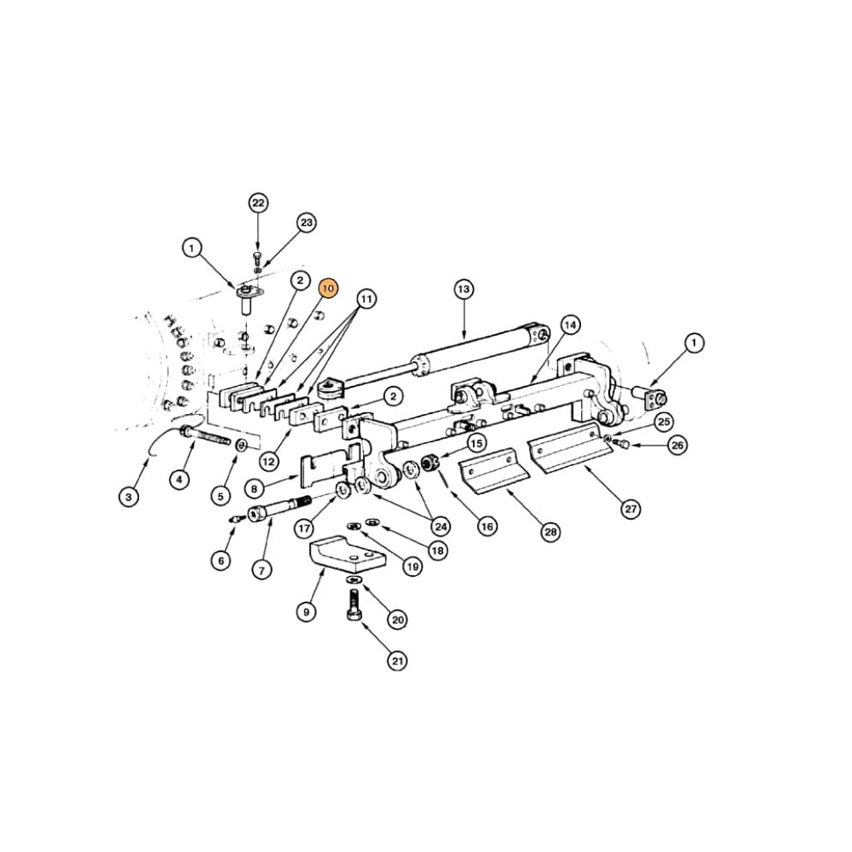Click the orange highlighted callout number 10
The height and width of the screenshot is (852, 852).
tap(329, 290)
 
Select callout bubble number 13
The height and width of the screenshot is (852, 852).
tap(463, 290)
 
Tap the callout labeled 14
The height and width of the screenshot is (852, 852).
tap(570, 325)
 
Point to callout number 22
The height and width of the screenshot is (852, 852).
tap(258, 203)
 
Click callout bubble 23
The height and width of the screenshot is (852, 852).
tap(307, 223)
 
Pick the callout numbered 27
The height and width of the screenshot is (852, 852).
tap(630, 509)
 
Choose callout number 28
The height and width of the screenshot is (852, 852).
tap(551, 532)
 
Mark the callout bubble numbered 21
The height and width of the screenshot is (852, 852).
tap(397, 659)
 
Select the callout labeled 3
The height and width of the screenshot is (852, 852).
tap(129, 496)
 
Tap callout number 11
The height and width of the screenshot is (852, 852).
tap(366, 299)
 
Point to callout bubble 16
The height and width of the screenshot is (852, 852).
tap(486, 527)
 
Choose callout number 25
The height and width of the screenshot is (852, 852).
tap(664, 421)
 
